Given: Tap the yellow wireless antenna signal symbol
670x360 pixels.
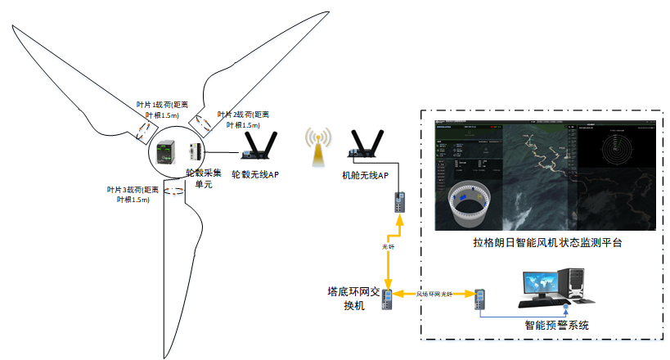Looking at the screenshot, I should pyautogui.click(x=315, y=145).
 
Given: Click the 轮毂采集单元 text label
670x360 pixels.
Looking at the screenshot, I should pyautogui.click(x=203, y=179).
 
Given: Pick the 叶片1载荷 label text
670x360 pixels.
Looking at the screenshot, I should pyautogui.click(x=159, y=110).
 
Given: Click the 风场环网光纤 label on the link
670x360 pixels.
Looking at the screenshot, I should pyautogui.click(x=434, y=293).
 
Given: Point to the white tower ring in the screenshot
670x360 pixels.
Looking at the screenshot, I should pyautogui.click(x=469, y=205).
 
